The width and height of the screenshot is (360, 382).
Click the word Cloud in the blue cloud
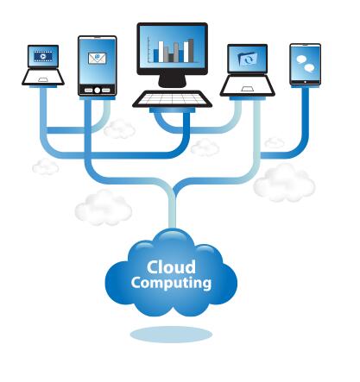[x=171, y=267]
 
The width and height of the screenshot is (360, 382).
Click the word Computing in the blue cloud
[x=171, y=283]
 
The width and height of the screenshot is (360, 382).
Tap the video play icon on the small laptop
[x=43, y=56]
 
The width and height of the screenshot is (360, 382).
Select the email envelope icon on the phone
[x=98, y=59]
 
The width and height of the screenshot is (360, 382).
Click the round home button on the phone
[x=98, y=91]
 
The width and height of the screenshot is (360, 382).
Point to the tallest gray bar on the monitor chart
[x=191, y=50]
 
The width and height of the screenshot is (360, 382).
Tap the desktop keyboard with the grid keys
[x=172, y=99]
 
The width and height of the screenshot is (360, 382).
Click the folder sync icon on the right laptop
[x=248, y=59]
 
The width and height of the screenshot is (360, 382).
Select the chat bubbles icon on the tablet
[x=306, y=64]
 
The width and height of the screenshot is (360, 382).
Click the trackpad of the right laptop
[x=247, y=89]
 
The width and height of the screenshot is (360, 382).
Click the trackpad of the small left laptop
[x=43, y=79]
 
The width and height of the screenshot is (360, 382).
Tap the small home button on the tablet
[x=306, y=82]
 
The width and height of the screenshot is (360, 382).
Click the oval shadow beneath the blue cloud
[x=171, y=335]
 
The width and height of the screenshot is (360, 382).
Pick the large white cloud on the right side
[x=284, y=184]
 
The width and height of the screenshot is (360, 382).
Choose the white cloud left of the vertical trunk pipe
[x=104, y=208]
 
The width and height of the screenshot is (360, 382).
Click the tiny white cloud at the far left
[x=46, y=166]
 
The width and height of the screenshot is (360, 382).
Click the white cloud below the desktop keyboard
[x=205, y=147]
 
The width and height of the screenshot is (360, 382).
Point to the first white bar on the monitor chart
[x=161, y=52]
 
